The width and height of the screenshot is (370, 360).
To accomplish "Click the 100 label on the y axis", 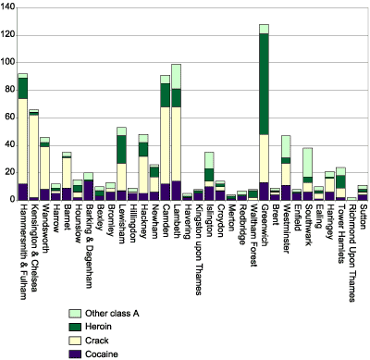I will [7, 63].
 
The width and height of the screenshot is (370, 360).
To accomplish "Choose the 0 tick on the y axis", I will [12, 200].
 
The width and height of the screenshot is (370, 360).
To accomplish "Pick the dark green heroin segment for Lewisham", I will [121, 149].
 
